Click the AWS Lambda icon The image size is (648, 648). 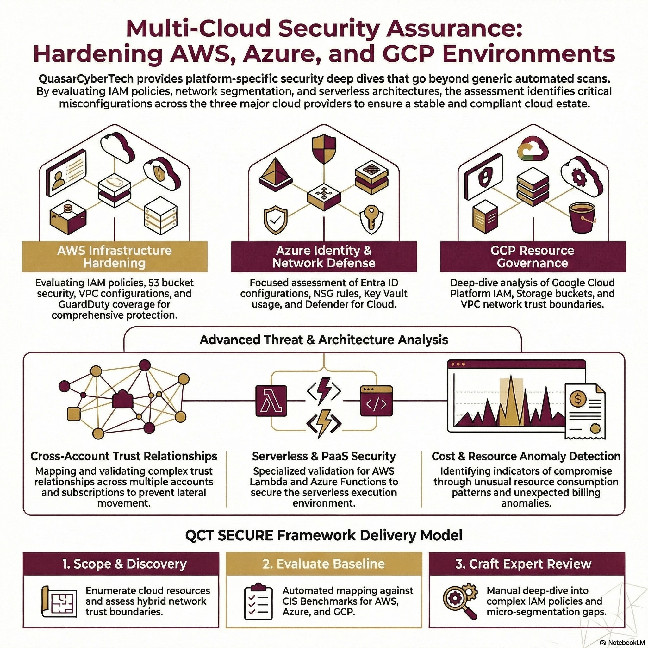(x=271, y=401)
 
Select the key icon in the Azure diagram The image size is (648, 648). (x=371, y=220)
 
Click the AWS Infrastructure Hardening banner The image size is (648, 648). (x=115, y=257)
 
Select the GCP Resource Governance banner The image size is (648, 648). (x=533, y=257)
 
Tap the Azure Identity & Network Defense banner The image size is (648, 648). (x=324, y=257)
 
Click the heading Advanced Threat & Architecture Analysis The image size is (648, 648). (x=324, y=340)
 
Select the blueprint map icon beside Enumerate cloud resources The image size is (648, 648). (x=59, y=601)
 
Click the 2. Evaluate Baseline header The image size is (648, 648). (x=324, y=564)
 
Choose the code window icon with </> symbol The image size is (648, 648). (x=376, y=401)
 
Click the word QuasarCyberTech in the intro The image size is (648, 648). (x=86, y=79)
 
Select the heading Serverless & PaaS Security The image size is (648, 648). (x=324, y=456)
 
